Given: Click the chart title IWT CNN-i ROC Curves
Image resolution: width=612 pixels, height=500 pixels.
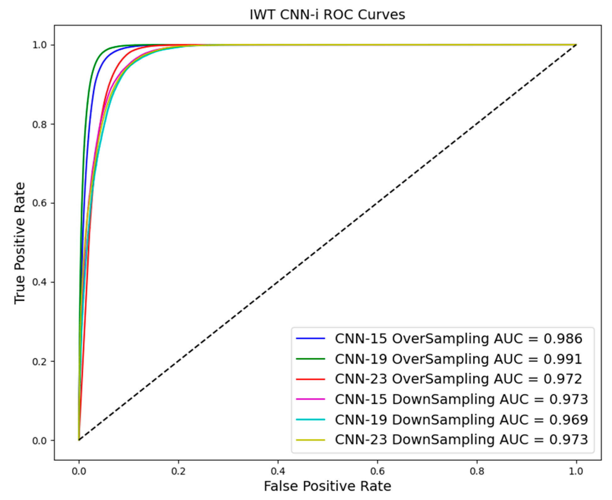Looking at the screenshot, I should click(327, 15).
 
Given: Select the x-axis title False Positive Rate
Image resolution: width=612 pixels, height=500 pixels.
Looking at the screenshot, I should click(327, 486).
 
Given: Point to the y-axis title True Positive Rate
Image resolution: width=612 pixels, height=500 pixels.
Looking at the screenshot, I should click(20, 243).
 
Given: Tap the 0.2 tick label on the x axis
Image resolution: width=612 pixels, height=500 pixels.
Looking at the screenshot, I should click(178, 471).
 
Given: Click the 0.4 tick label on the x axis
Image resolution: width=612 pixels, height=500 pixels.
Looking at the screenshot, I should click(278, 471).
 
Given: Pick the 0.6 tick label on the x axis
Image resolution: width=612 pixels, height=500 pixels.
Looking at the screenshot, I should click(377, 471).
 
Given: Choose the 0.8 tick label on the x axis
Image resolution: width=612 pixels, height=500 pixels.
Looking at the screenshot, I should click(477, 471).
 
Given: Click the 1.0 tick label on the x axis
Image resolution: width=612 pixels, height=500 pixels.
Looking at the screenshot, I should click(576, 471).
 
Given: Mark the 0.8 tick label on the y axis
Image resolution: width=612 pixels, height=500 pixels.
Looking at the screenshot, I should click(39, 125).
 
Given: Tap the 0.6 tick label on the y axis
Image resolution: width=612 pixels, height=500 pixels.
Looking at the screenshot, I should click(39, 203).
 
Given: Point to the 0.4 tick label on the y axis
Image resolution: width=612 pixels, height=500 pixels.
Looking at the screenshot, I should click(39, 282).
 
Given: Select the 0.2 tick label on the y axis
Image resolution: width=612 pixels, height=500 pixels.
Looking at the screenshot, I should click(39, 362).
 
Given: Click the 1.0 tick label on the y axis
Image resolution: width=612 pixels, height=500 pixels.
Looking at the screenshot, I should click(39, 45).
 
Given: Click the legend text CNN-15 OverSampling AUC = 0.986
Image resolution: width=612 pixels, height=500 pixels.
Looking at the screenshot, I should click(458, 339).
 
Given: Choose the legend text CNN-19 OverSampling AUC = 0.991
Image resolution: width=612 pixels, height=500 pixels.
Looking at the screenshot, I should click(458, 359).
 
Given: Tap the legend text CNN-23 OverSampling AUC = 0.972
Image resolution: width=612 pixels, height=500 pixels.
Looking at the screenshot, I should click(458, 379).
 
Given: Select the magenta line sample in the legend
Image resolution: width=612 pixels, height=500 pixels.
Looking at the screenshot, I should click(310, 399).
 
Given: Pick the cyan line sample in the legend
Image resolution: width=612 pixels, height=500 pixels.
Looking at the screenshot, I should click(310, 419).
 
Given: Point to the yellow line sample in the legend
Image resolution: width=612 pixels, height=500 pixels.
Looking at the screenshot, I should click(310, 440).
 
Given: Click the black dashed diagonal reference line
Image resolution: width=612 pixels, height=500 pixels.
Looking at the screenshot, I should click(327, 243).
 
